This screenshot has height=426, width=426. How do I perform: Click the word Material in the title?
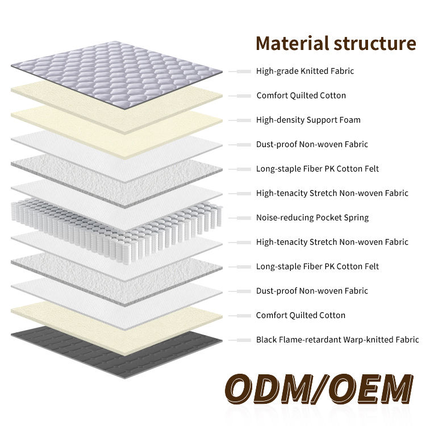click(291, 43)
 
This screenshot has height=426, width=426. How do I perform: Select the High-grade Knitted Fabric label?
click(305, 71)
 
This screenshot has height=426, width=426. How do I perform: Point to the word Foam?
click(350, 120)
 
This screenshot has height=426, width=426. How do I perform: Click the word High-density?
click(280, 120)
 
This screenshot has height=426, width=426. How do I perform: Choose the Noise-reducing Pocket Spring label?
click(312, 218)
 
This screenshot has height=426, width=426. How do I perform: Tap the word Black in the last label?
click(267, 340)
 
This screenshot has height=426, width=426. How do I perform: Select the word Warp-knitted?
click(365, 340)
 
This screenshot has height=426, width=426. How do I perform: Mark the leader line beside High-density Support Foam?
click(240, 120)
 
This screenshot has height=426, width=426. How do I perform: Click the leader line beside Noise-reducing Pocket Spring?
click(240, 218)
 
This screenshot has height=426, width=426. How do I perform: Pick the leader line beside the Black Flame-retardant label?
click(240, 340)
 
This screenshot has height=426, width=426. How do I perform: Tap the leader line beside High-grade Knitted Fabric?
click(240, 71)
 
